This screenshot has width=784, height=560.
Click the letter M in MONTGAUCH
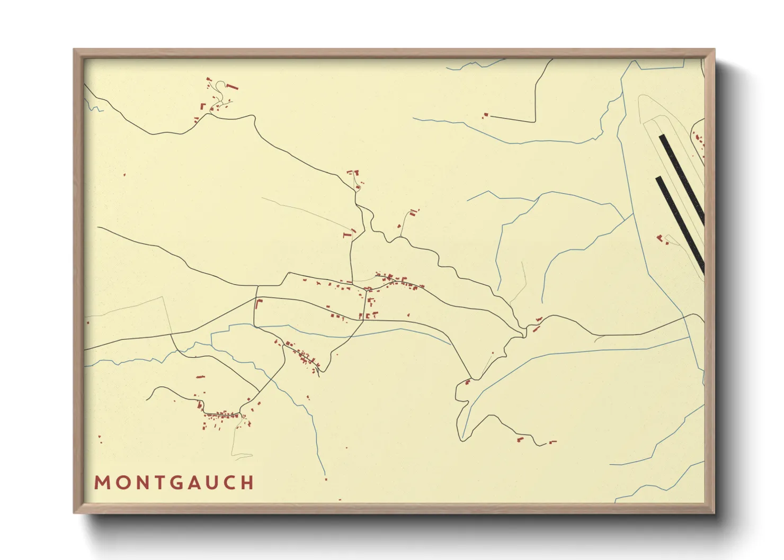coord(101,483)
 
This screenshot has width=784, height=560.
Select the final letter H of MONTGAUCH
coord(248,483)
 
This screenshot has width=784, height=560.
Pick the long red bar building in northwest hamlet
coord(232,86)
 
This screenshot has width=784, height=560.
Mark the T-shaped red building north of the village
coord(348,233)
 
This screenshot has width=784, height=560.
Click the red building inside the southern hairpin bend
coord(467,382)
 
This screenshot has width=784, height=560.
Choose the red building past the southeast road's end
coord(553,441)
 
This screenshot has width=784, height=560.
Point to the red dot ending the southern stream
coord(325,479)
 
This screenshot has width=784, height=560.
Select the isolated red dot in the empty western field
coord(124,175)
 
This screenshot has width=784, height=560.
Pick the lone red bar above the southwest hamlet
coord(200,377)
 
